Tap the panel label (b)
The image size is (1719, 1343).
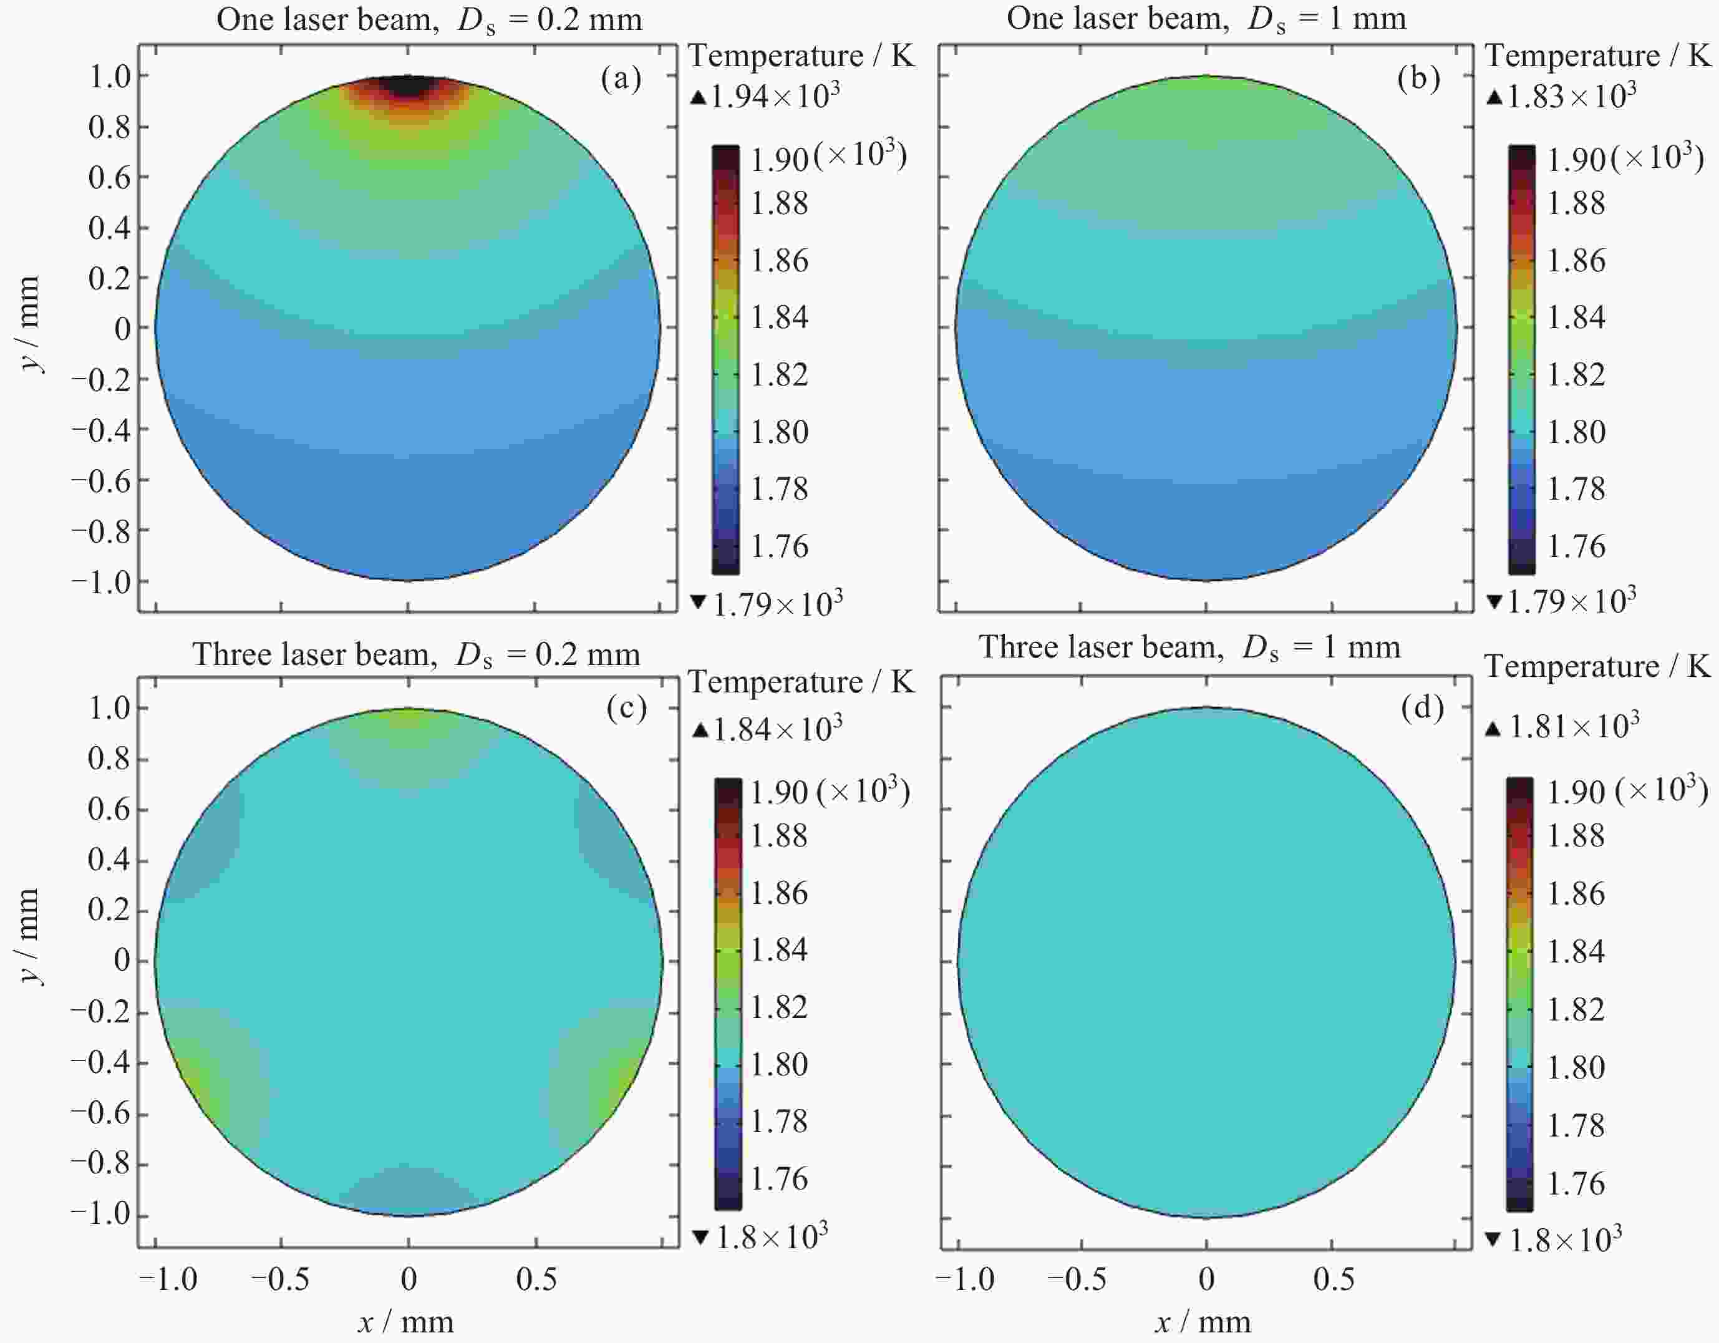pos(1418,79)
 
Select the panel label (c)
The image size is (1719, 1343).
pos(626,709)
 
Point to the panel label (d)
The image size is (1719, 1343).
pos(1422,709)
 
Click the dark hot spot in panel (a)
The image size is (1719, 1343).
pos(407,85)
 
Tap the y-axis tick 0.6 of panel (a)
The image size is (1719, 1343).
pos(109,178)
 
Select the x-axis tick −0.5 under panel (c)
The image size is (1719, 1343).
pos(280,1279)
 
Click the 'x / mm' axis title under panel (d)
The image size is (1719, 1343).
pos(1203,1323)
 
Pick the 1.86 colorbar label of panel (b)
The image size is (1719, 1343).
pos(1576,261)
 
